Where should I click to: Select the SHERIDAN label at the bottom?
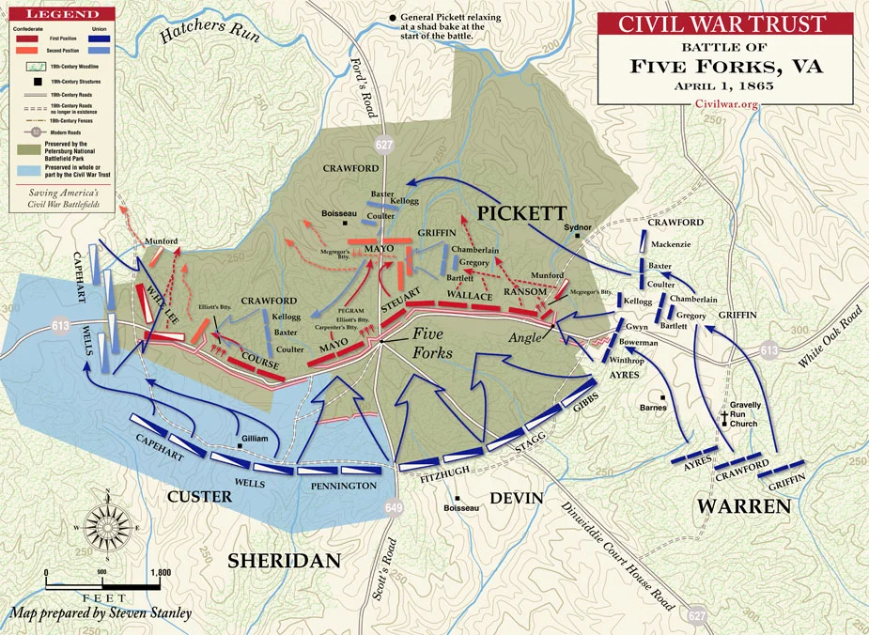click(284, 561)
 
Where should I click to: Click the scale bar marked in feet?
click(103, 584)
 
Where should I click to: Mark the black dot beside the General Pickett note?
click(392, 18)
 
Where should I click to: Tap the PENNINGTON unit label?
click(345, 486)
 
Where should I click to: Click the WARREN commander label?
click(742, 506)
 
